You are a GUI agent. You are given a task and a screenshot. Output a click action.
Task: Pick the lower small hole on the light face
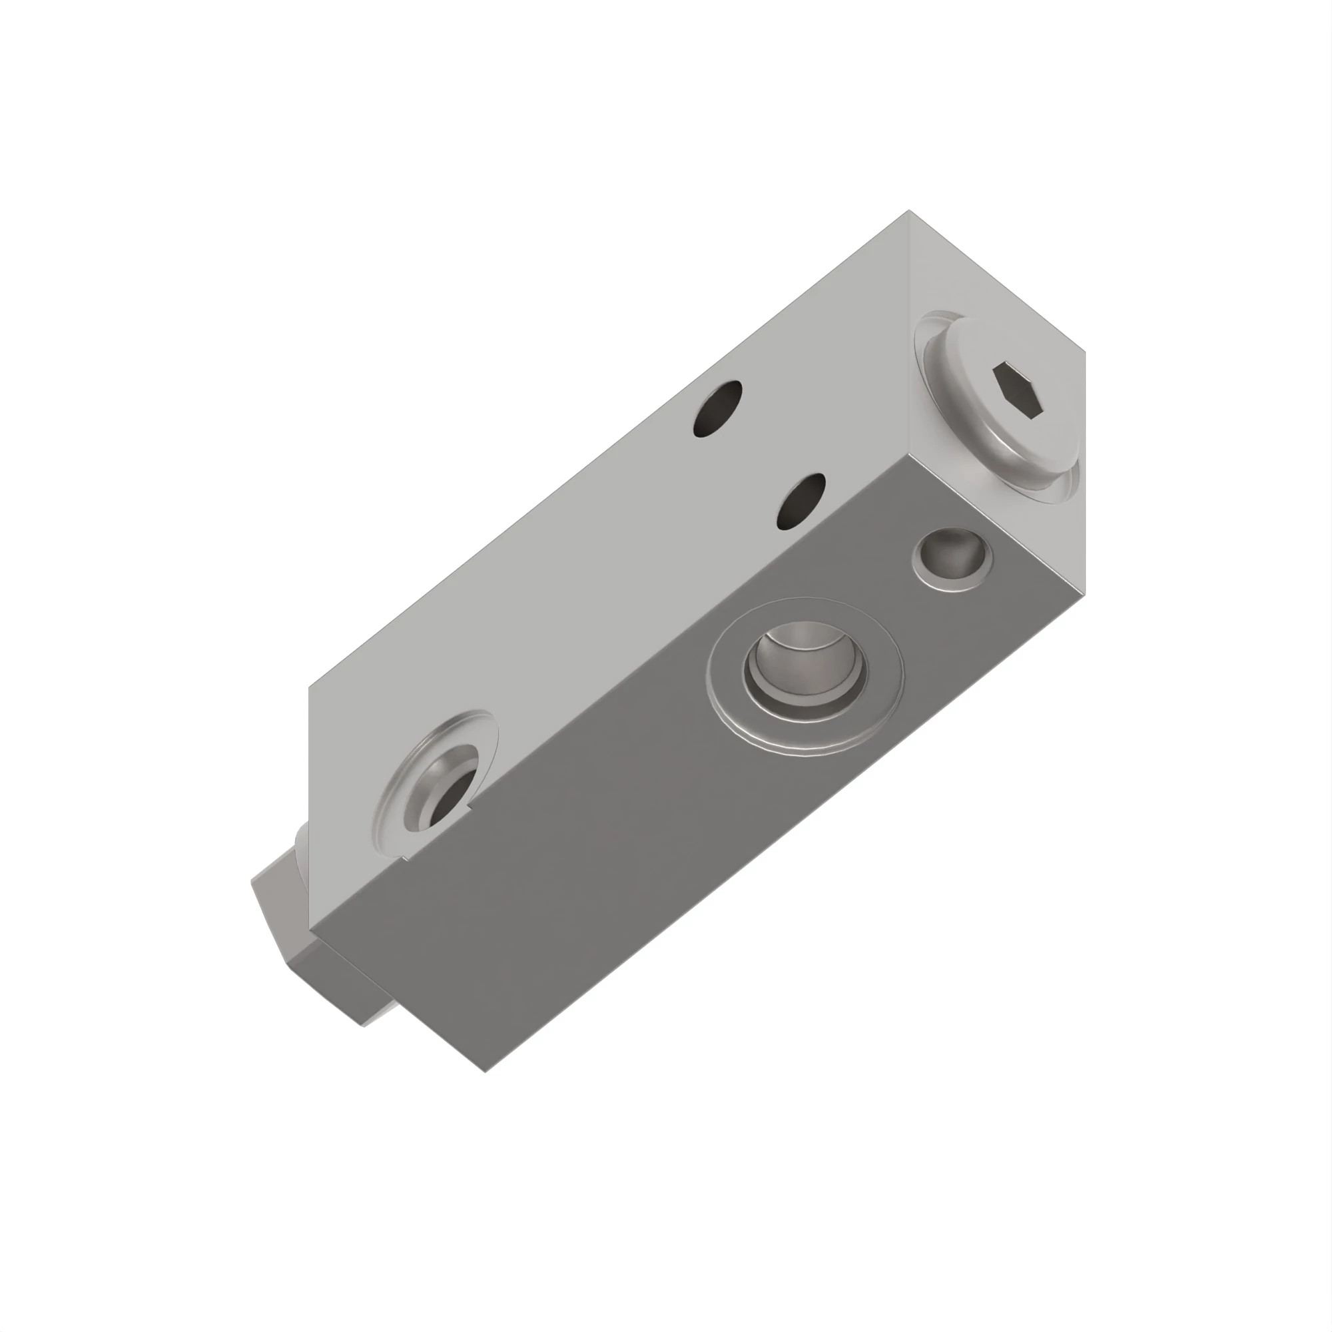[801, 501]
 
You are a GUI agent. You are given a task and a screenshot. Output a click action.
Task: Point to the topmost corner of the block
[908, 210]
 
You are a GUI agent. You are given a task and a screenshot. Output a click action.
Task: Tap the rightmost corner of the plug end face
[1085, 352]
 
